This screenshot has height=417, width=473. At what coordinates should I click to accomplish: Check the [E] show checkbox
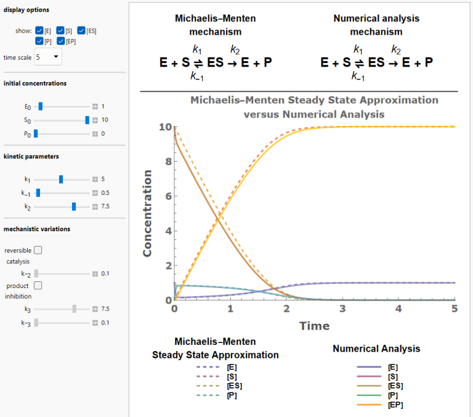[x=39, y=30]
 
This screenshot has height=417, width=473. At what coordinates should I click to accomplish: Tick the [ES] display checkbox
[x=81, y=30]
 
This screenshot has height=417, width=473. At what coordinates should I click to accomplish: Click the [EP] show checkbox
[x=60, y=41]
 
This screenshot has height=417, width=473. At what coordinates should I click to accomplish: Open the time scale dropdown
[x=47, y=57]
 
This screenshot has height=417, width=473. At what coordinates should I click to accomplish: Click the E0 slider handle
[x=40, y=106]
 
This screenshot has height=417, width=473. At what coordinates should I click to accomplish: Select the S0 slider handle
[x=87, y=120]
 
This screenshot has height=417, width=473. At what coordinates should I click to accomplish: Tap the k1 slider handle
[x=61, y=179]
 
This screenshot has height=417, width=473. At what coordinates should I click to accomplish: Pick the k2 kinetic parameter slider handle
[x=74, y=206]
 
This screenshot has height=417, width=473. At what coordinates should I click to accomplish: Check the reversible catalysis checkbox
[x=38, y=250]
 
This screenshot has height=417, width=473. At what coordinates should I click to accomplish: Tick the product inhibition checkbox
[x=38, y=286]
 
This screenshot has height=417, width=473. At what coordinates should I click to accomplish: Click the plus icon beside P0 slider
[x=95, y=133]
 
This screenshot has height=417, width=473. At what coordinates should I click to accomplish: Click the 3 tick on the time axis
[x=343, y=308]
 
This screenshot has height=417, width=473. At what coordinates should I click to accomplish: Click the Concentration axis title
[x=148, y=213]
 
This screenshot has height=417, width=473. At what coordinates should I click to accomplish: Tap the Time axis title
[x=315, y=326]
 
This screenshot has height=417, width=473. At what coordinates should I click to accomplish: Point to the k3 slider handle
[x=74, y=308]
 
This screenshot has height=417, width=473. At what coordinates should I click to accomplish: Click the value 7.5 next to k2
[x=105, y=206]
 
